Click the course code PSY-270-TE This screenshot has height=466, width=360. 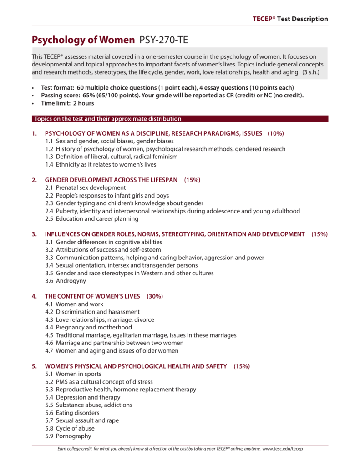pos(163,40)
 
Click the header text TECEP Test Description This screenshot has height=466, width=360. pos(290,19)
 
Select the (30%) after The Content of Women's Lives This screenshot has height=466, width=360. pos(155,296)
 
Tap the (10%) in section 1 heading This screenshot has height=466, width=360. pos(276,133)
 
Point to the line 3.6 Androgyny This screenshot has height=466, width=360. pos(65,281)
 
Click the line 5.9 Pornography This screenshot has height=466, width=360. pos(68,436)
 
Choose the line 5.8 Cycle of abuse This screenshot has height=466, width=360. pos(70,428)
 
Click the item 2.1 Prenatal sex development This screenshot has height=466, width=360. pos(86,187)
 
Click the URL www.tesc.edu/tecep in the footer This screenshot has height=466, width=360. pos(282,449)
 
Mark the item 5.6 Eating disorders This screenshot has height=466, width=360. pos(72,413)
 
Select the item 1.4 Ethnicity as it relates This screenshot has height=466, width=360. pos(101,164)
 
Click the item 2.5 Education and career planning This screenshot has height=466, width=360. pos(92,218)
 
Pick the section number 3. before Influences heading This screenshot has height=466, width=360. pos(34,234)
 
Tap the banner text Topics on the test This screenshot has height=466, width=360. pos(107,119)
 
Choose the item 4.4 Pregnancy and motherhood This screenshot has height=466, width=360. pos(88,327)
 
